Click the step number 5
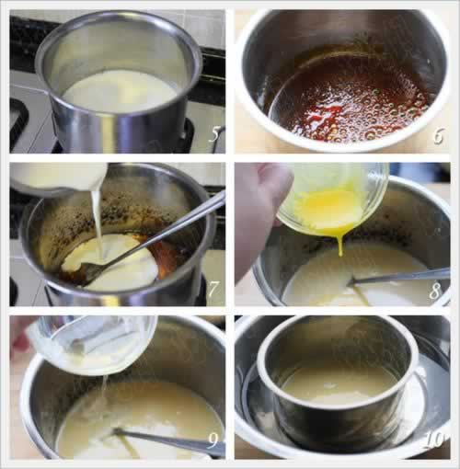(215, 134)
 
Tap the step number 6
(438, 136)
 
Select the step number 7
(213, 289)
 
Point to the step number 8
(435, 291)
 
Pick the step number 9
(213, 440)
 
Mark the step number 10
(434, 440)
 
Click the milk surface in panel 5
(121, 91)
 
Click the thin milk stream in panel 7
(97, 223)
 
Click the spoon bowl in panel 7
(93, 269)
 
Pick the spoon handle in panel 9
(168, 440)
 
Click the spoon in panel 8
(398, 275)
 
